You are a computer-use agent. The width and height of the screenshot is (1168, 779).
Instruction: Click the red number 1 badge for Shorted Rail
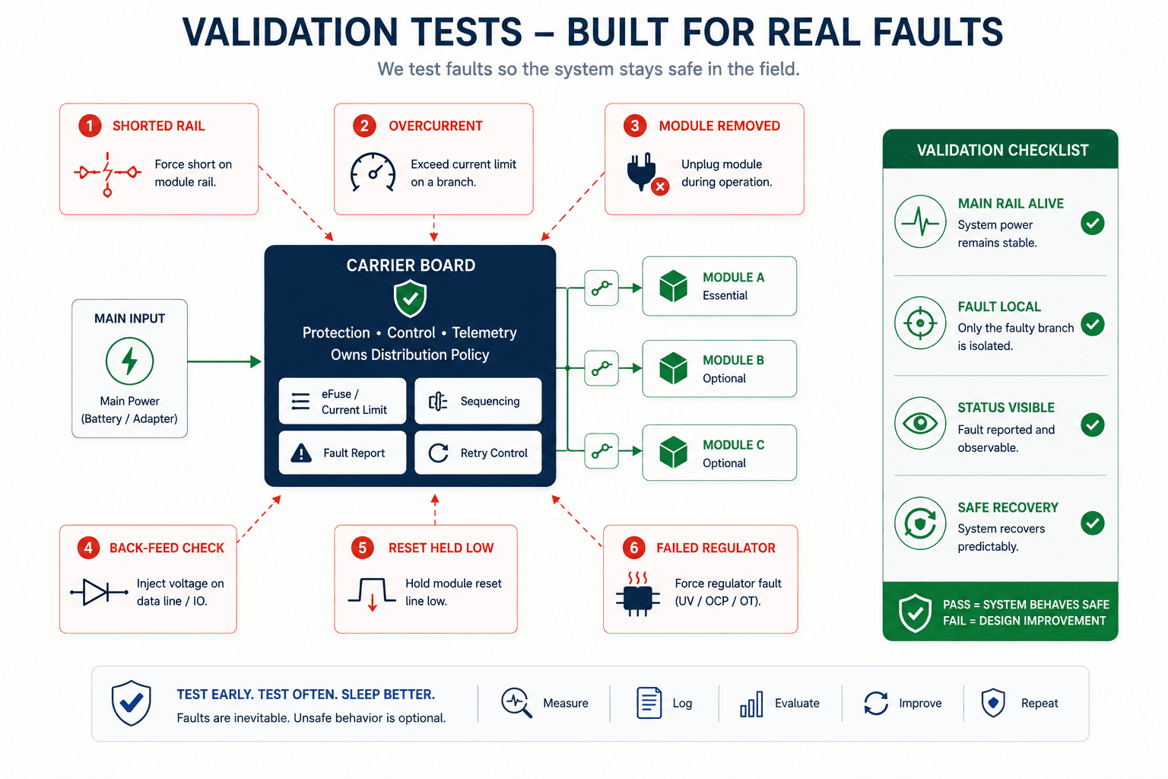90,126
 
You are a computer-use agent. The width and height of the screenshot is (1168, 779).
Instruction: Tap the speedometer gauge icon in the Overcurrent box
373,172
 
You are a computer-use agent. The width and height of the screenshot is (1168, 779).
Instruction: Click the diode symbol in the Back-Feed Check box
99,592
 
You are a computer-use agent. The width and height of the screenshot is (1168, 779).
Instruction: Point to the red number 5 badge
363,548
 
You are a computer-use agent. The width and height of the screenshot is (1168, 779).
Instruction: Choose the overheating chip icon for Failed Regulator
638,594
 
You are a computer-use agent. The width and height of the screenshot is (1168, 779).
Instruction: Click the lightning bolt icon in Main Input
129,361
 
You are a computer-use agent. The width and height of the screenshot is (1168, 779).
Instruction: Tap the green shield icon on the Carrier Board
411,298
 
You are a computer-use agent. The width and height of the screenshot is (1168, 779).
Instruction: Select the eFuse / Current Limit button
343,401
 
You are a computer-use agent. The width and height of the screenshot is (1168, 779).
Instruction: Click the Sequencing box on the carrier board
478,401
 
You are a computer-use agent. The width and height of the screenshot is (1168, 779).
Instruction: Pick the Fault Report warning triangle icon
301,453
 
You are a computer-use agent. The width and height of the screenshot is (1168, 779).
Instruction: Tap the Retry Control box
478,453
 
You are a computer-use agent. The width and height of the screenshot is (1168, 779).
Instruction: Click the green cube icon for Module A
673,286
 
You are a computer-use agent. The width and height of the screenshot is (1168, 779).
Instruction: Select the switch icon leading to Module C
601,451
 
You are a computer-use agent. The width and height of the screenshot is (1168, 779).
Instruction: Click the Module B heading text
733,360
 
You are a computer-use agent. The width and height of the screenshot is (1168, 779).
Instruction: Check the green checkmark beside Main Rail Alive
1093,224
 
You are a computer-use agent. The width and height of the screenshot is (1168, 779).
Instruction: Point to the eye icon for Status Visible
920,423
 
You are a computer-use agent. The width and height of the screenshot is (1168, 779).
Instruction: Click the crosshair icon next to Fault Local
920,323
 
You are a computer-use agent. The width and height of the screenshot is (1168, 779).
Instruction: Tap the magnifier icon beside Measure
517,703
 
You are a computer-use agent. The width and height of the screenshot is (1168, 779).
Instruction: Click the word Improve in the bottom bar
920,704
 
